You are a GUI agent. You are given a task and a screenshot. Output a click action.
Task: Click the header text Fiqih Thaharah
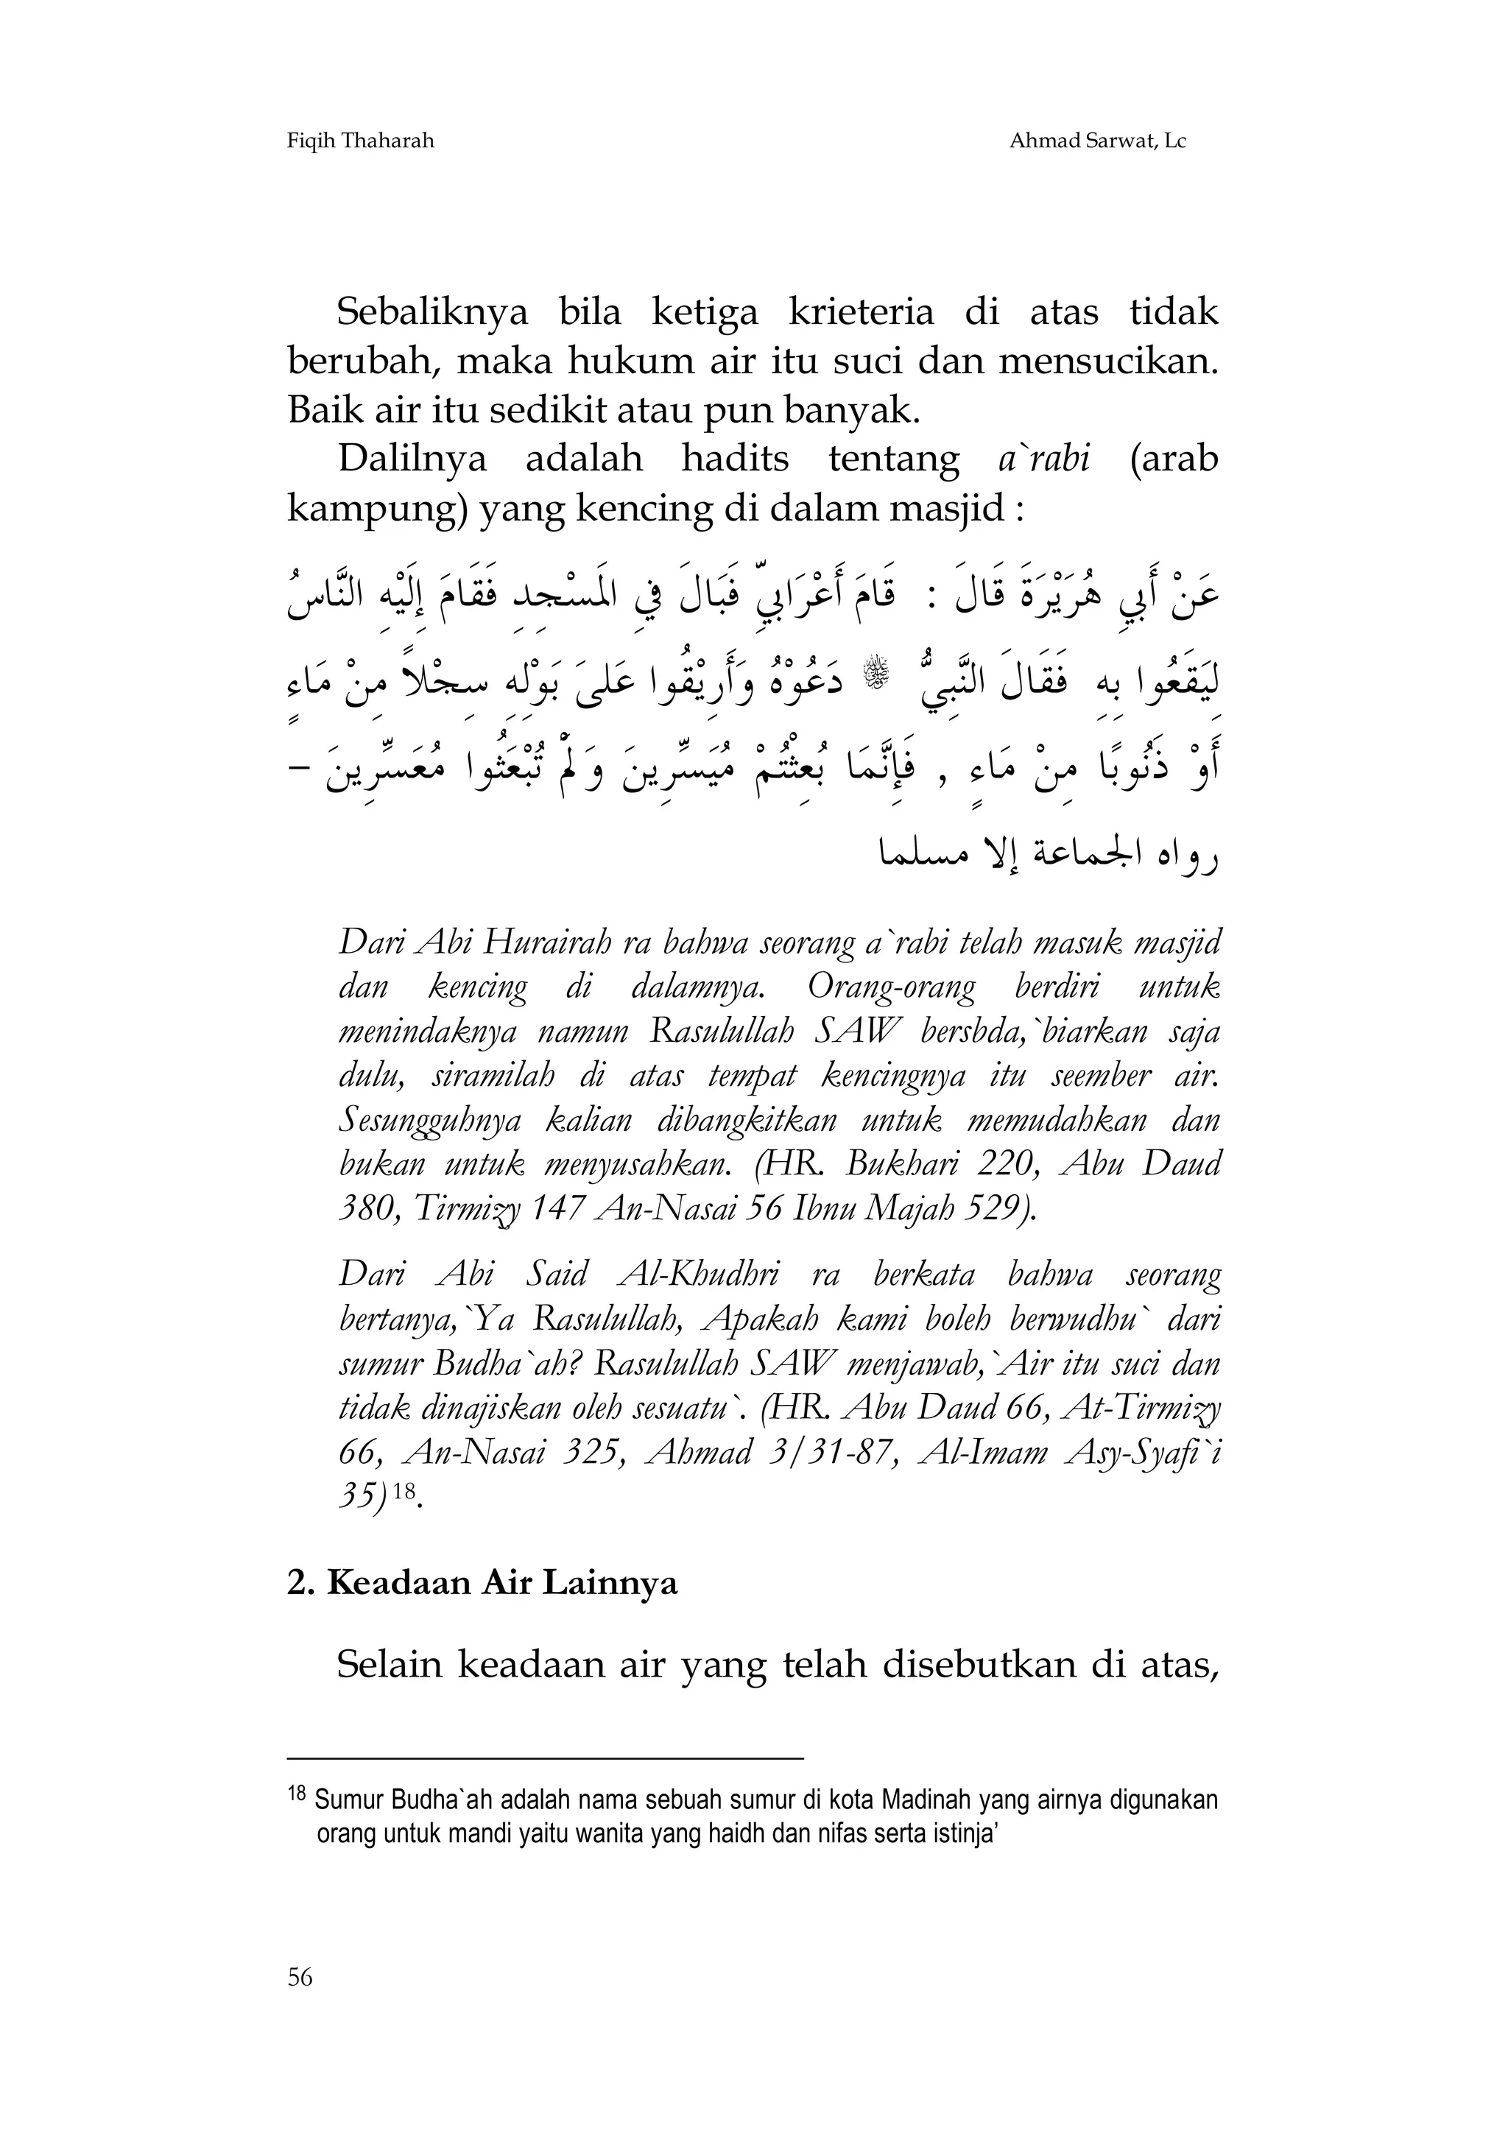point(360,141)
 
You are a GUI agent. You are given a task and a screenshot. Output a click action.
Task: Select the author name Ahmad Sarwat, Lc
point(1097,141)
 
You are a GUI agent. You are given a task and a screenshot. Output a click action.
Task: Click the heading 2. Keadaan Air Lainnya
point(482,1582)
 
